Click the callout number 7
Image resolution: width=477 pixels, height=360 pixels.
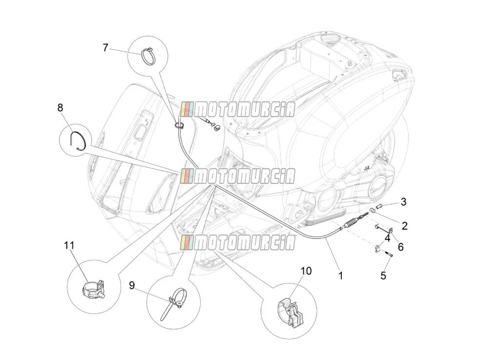105,48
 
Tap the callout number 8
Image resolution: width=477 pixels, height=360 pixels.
60,107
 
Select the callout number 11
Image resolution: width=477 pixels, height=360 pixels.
69,245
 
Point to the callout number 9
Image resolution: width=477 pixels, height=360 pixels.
132,285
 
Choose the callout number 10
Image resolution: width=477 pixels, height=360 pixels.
307,271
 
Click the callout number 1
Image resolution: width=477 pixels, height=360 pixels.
341,276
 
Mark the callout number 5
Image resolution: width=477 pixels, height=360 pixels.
383,276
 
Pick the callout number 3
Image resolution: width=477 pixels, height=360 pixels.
403,201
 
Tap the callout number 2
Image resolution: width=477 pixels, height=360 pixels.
404,226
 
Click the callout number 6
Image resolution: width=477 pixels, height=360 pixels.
401,247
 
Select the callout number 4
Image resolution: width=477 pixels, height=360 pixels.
387,238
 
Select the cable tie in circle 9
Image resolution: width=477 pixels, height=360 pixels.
174,302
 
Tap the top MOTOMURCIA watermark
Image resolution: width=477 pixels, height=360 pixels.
238,109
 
